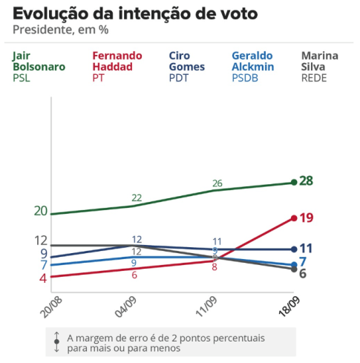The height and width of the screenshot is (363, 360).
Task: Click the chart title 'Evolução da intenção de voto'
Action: click(x=135, y=13)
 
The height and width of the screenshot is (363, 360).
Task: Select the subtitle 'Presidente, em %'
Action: click(x=61, y=30)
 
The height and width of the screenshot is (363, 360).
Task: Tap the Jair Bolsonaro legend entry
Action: click(x=39, y=67)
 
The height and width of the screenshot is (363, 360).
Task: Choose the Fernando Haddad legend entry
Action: click(x=117, y=67)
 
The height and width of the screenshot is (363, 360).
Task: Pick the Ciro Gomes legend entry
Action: click(x=187, y=67)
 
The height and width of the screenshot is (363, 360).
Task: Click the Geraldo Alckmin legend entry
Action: click(x=253, y=67)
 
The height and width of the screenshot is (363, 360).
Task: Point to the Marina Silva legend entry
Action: click(x=320, y=67)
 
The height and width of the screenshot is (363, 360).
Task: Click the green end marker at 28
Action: click(x=294, y=183)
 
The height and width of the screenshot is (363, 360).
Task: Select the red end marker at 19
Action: click(x=294, y=218)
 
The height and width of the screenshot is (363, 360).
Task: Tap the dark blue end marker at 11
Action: click(x=294, y=249)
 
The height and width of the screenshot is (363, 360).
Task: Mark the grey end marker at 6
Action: click(x=294, y=269)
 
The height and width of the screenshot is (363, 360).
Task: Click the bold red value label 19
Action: click(x=307, y=218)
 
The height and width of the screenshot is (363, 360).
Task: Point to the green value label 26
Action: click(x=217, y=183)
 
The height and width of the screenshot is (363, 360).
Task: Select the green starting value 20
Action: click(x=41, y=211)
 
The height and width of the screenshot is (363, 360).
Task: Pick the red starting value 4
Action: click(x=43, y=278)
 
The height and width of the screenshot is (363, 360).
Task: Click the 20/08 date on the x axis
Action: click(x=51, y=307)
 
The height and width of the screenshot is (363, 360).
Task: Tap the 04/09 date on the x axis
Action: click(x=126, y=307)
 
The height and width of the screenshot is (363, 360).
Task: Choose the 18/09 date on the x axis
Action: click(x=289, y=307)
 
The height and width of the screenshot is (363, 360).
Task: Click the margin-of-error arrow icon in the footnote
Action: click(x=56, y=342)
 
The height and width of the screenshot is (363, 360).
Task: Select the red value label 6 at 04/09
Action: click(x=134, y=275)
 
